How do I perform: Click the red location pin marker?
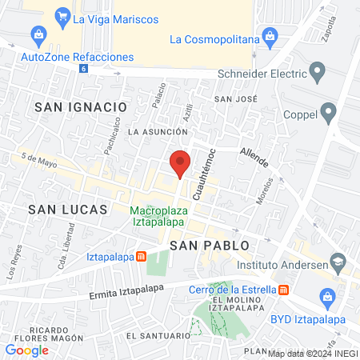click(180, 163)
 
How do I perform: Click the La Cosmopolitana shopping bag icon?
click(270, 37)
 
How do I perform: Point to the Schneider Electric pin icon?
click(318, 74)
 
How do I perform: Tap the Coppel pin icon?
click(327, 112)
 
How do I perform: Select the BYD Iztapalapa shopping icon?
click(326, 298)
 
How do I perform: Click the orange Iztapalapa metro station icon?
click(141, 256)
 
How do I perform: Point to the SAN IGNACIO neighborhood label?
click(81, 106)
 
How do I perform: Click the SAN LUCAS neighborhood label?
click(67, 209)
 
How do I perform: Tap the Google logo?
click(26, 350)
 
